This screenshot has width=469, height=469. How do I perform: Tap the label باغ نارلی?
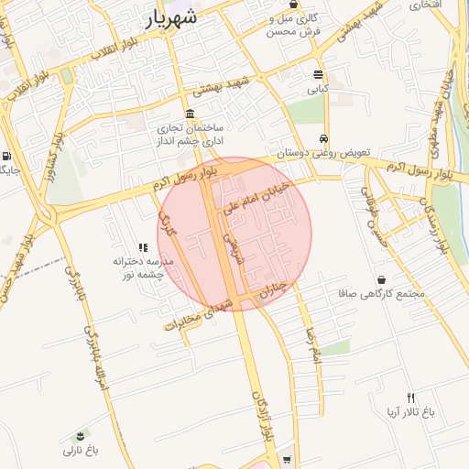80,450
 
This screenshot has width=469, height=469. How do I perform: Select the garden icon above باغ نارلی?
81,433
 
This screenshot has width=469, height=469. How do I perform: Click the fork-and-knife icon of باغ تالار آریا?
410,398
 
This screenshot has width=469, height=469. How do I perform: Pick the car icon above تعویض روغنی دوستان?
323,138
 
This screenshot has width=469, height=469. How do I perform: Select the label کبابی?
317,90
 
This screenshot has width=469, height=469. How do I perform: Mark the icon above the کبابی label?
318,75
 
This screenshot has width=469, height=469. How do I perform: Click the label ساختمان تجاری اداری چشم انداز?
194,136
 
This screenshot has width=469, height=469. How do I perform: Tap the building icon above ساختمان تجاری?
190,114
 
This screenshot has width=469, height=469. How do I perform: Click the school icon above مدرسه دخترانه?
143,247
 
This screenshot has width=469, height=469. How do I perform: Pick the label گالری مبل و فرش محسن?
295,25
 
